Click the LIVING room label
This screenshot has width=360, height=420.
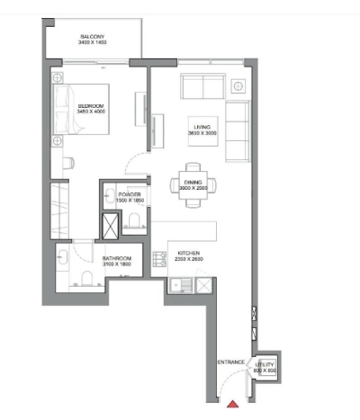coord(200,130)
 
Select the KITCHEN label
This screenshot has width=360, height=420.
coord(188,256)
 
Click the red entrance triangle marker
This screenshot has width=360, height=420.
coord(232,406)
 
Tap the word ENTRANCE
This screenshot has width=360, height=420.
coord(231,362)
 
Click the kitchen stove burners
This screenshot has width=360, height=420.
coord(205,287)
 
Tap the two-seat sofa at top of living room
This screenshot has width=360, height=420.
coord(203,87)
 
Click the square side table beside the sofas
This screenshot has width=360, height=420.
coord(238,87)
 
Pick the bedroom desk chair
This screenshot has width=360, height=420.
coord(68,163)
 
